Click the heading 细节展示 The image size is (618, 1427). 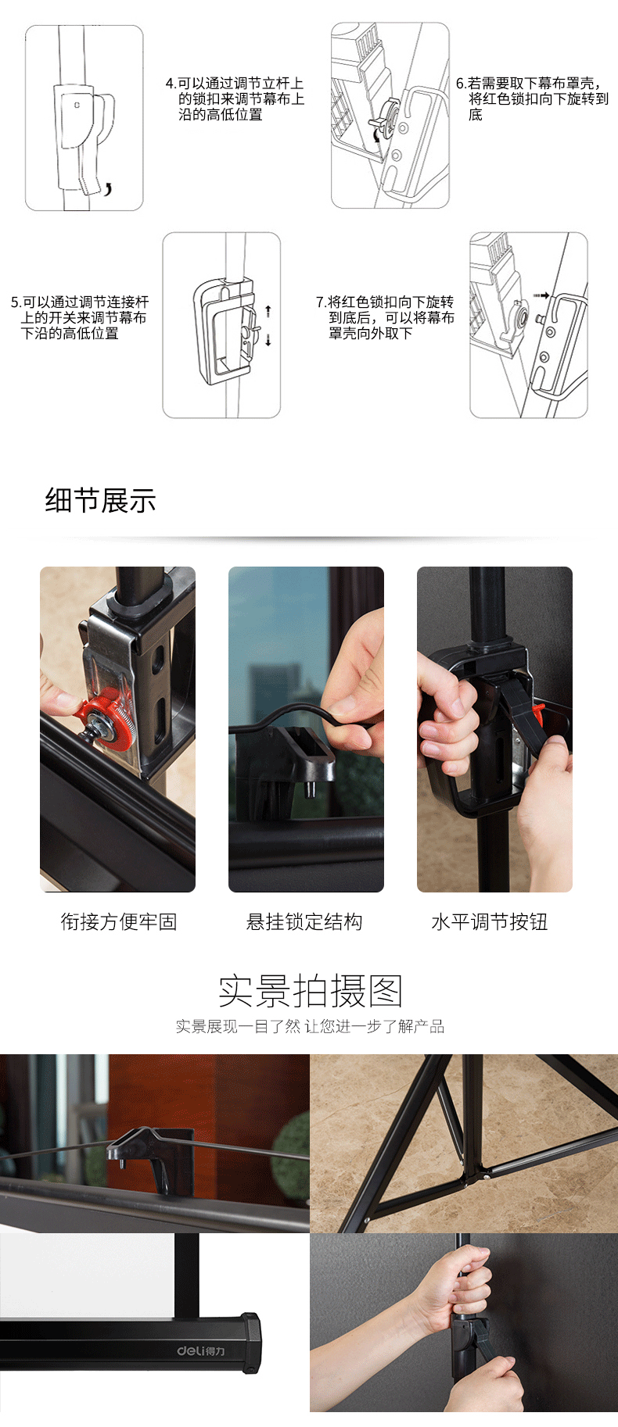[101, 500]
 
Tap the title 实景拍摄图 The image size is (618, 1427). [311, 991]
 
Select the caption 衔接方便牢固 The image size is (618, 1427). [119, 921]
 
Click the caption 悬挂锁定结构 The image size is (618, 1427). [304, 921]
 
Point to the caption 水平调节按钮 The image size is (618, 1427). [490, 921]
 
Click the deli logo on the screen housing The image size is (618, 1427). [200, 1350]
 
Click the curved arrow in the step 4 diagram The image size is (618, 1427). [108, 188]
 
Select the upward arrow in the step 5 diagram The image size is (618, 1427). [268, 311]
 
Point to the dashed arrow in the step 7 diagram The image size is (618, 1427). [541, 295]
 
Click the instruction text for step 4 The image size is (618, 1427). [235, 98]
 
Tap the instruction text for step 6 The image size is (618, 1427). [532, 98]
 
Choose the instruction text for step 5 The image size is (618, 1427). [80, 317]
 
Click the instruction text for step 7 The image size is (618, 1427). [385, 317]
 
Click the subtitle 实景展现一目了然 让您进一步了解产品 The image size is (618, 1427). [310, 1026]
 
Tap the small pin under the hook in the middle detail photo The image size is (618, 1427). [310, 788]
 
